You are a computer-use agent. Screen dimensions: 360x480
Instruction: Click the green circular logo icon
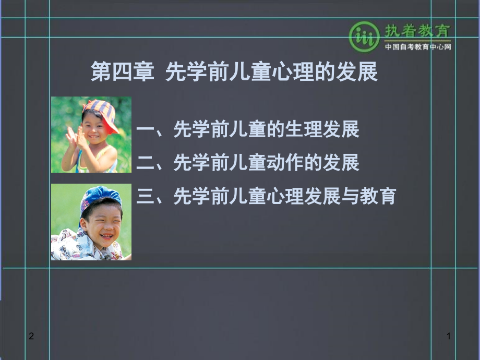[x=364, y=37]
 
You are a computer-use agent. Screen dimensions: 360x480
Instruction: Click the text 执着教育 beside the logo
[x=417, y=31]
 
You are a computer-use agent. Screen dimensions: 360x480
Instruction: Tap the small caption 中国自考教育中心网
[x=417, y=47]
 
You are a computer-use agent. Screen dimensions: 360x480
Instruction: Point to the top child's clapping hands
[x=73, y=139]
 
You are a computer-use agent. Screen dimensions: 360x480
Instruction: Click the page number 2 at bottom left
[x=31, y=337]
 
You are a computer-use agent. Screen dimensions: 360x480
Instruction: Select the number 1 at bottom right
[x=448, y=337]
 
